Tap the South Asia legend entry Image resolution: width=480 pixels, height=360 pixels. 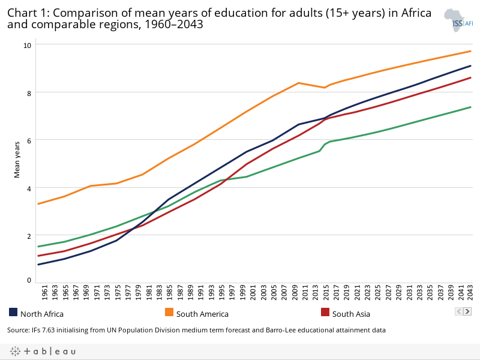coord(351,314)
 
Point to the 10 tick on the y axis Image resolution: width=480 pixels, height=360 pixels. coord(28,45)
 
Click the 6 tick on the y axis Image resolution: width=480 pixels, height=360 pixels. coord(28,140)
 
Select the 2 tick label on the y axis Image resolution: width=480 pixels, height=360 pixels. coord(28,235)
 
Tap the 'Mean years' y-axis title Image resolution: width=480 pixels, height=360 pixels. coord(17,158)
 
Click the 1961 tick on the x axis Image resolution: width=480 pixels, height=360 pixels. coord(45,294)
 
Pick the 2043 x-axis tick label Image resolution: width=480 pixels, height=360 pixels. coord(470,294)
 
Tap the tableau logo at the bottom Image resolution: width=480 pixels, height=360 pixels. coord(42,352)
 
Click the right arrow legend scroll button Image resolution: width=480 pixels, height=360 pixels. coord(467,311)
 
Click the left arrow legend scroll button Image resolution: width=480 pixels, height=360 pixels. coord(459,311)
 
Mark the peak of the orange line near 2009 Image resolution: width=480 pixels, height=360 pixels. coord(298,83)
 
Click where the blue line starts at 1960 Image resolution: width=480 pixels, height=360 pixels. coord(38,265)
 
